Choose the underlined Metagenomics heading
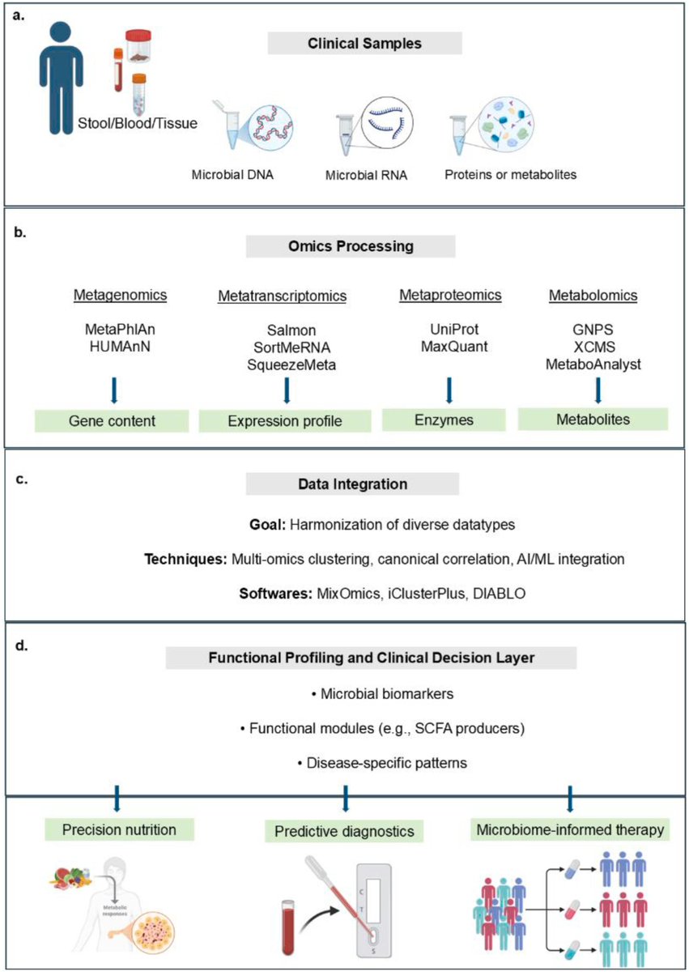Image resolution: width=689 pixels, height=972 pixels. click(125, 296)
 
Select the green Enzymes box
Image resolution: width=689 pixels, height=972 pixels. click(442, 420)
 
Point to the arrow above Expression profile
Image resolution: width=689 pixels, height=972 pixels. click(286, 390)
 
